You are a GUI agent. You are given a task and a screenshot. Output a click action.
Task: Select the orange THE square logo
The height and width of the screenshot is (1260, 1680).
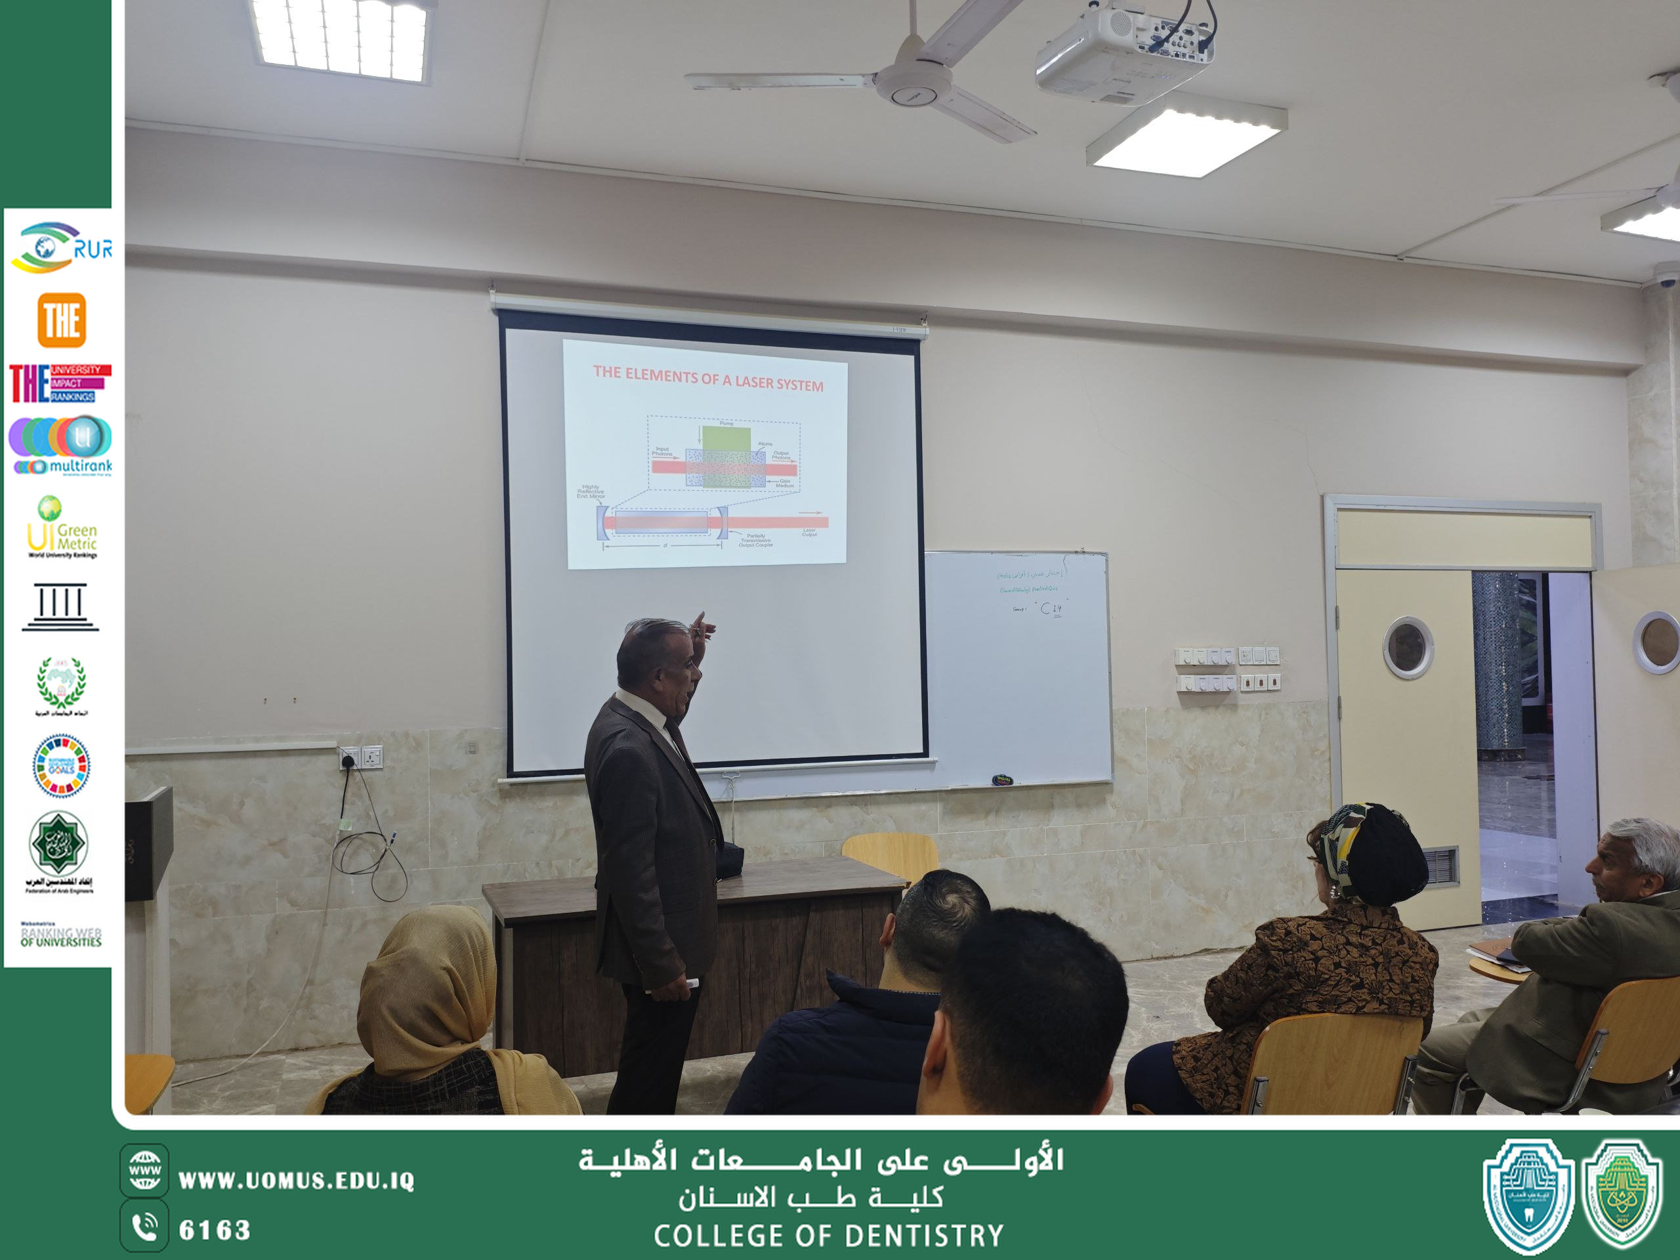click(62, 320)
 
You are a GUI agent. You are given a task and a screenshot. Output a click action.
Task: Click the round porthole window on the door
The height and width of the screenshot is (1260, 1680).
click(1408, 647)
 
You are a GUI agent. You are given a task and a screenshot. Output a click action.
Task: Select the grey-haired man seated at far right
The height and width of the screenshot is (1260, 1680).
click(1626, 950)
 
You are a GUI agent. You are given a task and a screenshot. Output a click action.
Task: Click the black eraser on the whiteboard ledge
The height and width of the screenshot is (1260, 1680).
click(1003, 779)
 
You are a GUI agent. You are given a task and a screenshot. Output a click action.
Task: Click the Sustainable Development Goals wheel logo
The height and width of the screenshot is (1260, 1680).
click(62, 766)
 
